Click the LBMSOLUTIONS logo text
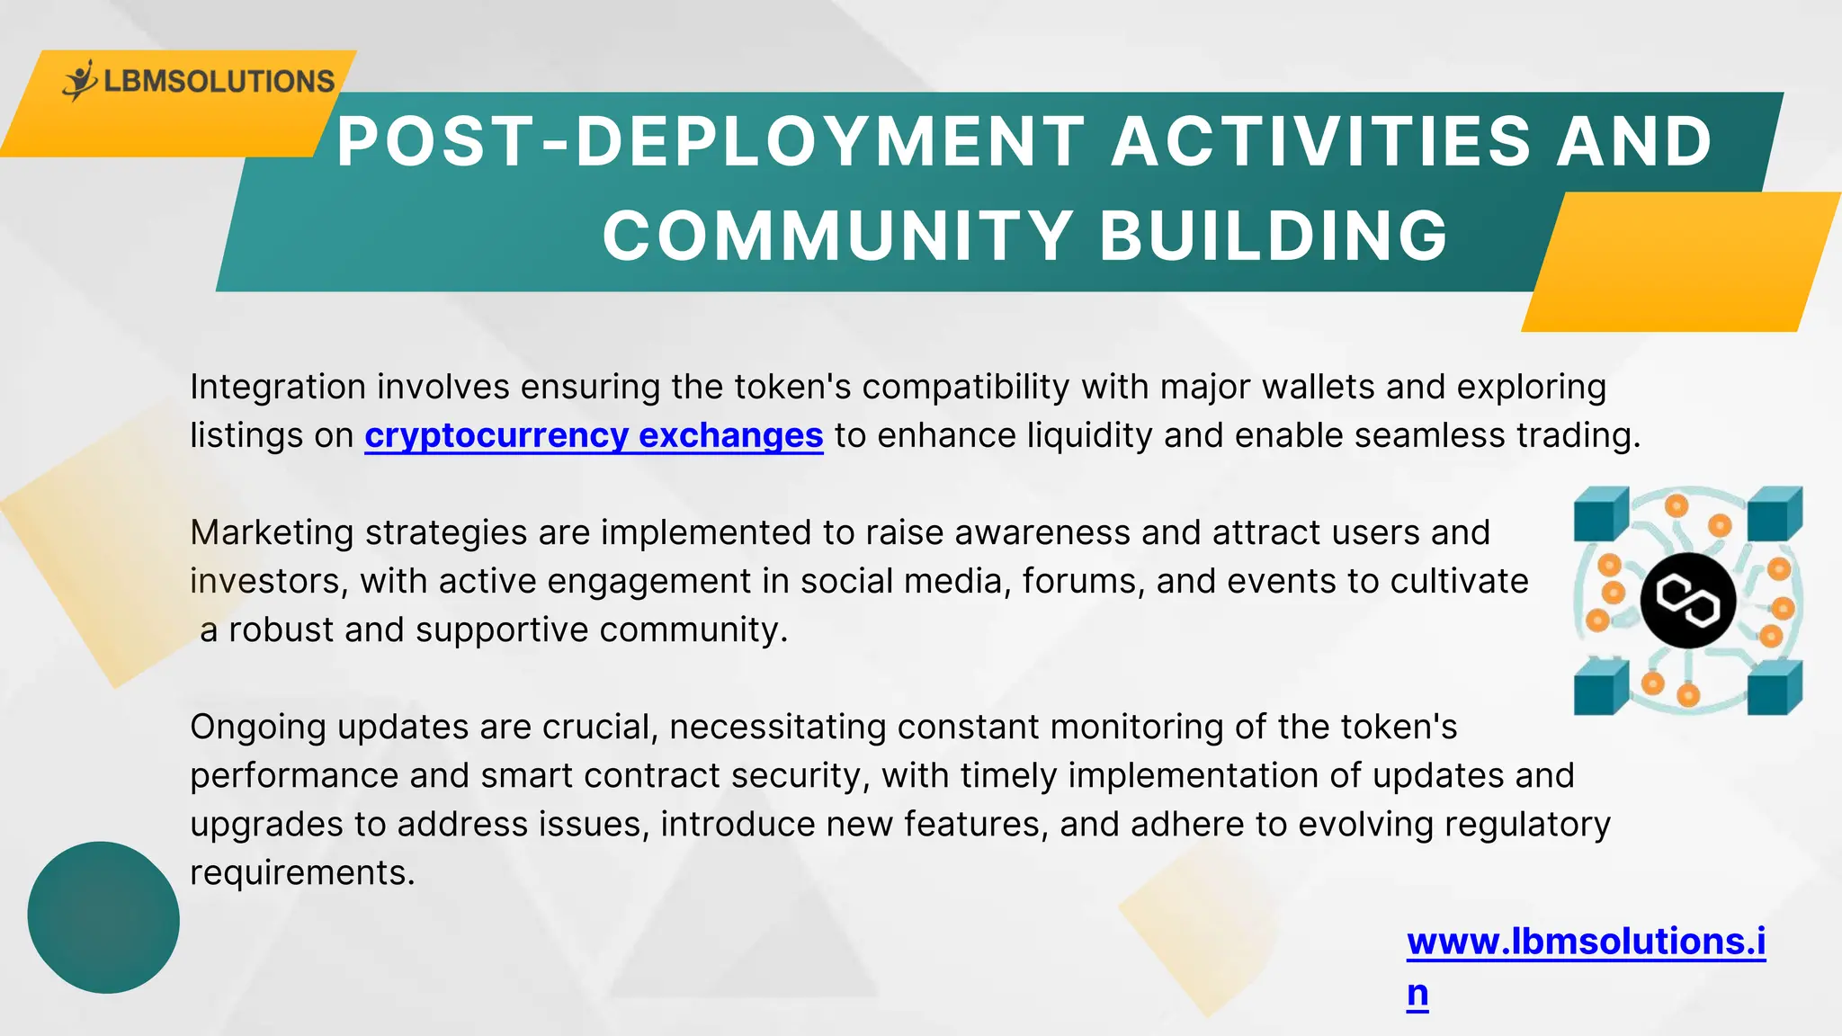[x=219, y=82]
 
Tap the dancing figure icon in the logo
[x=80, y=80]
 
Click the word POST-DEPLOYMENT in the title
[x=711, y=142]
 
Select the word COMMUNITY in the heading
[x=837, y=236]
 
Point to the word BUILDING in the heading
[x=1274, y=236]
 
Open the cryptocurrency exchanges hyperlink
[x=594, y=435]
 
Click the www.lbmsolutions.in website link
[x=1586, y=942]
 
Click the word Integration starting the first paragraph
[x=278, y=388]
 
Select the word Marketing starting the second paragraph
[x=272, y=533]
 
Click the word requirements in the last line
[x=301, y=873]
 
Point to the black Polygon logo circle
[x=1687, y=600]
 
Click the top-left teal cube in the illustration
[x=1601, y=514]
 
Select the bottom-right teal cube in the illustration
[x=1774, y=689]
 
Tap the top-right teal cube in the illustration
[x=1774, y=514]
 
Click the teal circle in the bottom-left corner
[x=103, y=917]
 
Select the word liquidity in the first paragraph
[x=1089, y=435]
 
